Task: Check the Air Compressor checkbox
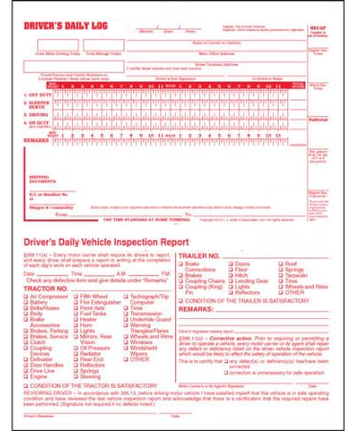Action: [x=26, y=297]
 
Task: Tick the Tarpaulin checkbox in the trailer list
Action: [x=254, y=274]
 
